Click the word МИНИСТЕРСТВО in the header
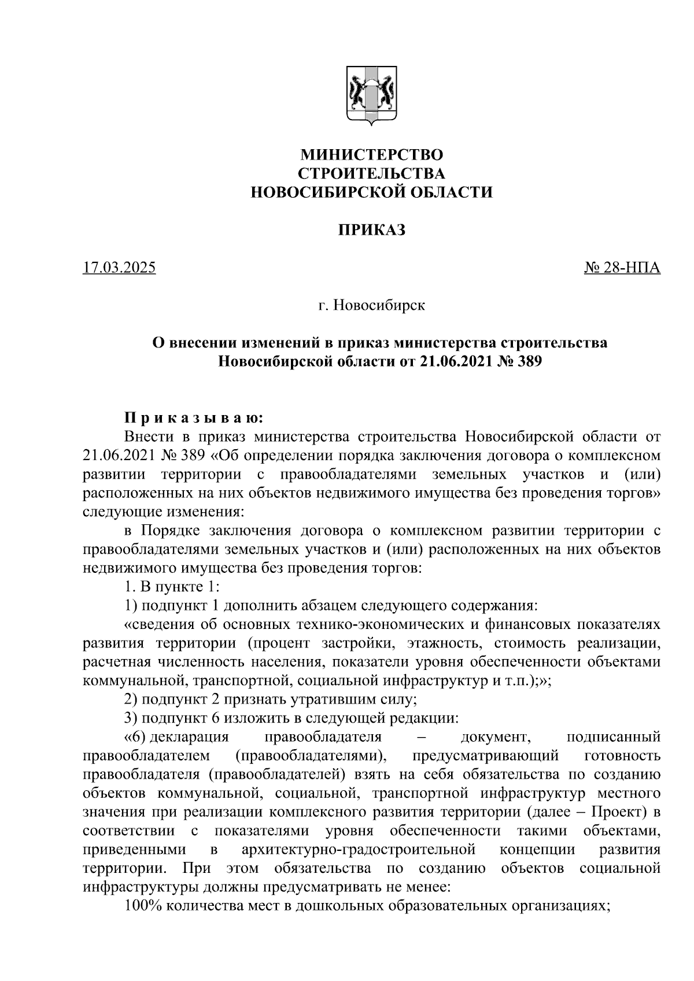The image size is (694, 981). [x=371, y=155]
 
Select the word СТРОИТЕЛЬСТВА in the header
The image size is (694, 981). [x=371, y=173]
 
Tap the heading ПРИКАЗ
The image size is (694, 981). [x=371, y=230]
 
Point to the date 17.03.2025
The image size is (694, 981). [x=119, y=268]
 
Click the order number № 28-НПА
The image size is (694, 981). [x=622, y=268]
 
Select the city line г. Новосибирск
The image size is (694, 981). [x=371, y=305]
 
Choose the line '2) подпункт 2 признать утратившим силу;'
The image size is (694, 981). [x=270, y=700]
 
